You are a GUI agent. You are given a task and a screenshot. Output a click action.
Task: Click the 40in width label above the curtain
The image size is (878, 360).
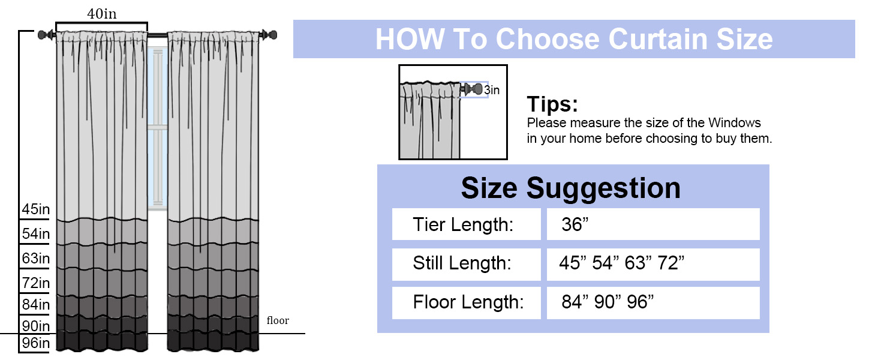[x=102, y=14]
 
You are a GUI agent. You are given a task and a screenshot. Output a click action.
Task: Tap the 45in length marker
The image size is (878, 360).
[x=35, y=209]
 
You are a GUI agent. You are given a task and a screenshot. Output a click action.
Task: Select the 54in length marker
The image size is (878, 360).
[x=35, y=234]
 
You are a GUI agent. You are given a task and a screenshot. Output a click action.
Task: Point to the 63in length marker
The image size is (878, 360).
[x=35, y=259]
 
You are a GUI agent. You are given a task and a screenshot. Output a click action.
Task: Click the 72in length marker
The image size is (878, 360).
[x=35, y=283]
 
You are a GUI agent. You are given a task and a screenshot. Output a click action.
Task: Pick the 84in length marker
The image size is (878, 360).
[x=35, y=304]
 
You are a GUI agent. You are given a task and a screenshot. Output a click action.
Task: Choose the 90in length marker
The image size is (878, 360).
[x=35, y=326]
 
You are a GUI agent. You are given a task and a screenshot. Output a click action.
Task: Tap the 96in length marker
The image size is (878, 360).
[x=35, y=343]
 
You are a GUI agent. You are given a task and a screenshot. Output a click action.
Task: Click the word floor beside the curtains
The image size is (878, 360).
[x=278, y=320]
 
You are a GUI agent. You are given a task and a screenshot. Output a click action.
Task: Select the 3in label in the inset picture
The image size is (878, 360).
[x=492, y=90]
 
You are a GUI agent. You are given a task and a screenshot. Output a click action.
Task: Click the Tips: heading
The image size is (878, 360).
[x=552, y=104]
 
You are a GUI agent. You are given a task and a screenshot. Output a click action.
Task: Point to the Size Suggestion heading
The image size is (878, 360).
[x=571, y=188]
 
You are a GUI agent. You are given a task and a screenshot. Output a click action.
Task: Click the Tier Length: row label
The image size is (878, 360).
[x=463, y=225]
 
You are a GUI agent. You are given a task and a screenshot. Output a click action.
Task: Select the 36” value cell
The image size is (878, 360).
[x=653, y=224]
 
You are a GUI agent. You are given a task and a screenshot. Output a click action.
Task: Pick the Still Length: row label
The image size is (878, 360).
[x=462, y=263]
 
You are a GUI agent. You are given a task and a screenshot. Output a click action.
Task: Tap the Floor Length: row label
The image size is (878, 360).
[x=468, y=302]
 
